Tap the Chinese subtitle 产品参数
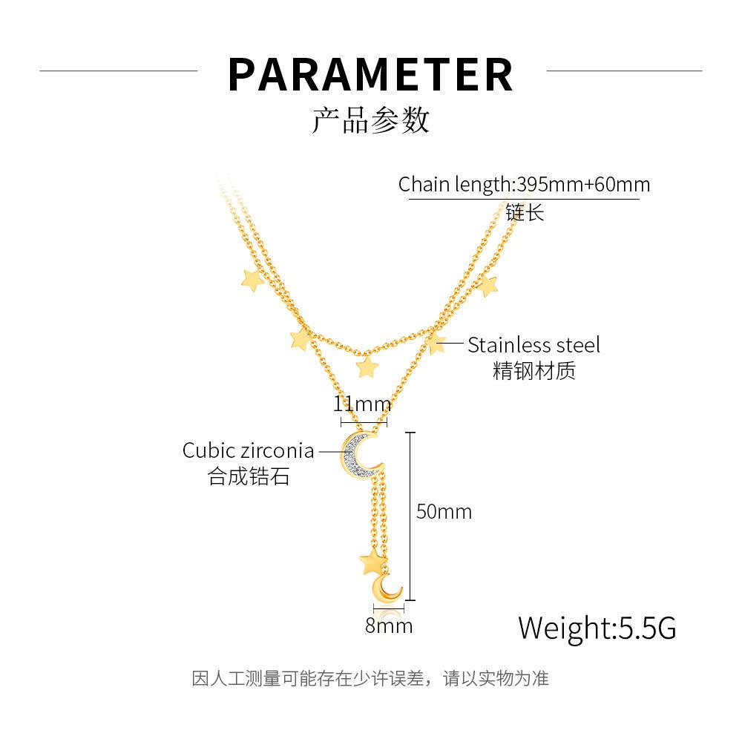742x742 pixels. (370, 119)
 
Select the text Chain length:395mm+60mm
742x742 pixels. (524, 184)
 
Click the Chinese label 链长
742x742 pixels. (525, 213)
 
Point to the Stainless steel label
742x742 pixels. (533, 345)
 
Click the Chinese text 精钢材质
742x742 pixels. (533, 370)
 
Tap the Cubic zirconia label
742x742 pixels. (248, 450)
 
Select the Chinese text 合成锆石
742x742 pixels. (249, 476)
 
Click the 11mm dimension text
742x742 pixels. (361, 404)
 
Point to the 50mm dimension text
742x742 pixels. (444, 511)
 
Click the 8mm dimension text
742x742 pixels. (388, 626)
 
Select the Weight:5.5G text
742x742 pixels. (597, 628)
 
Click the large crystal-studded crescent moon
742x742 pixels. (360, 453)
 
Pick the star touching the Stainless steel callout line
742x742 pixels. (436, 343)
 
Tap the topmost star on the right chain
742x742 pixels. (487, 285)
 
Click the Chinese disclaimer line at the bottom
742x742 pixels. (370, 678)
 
